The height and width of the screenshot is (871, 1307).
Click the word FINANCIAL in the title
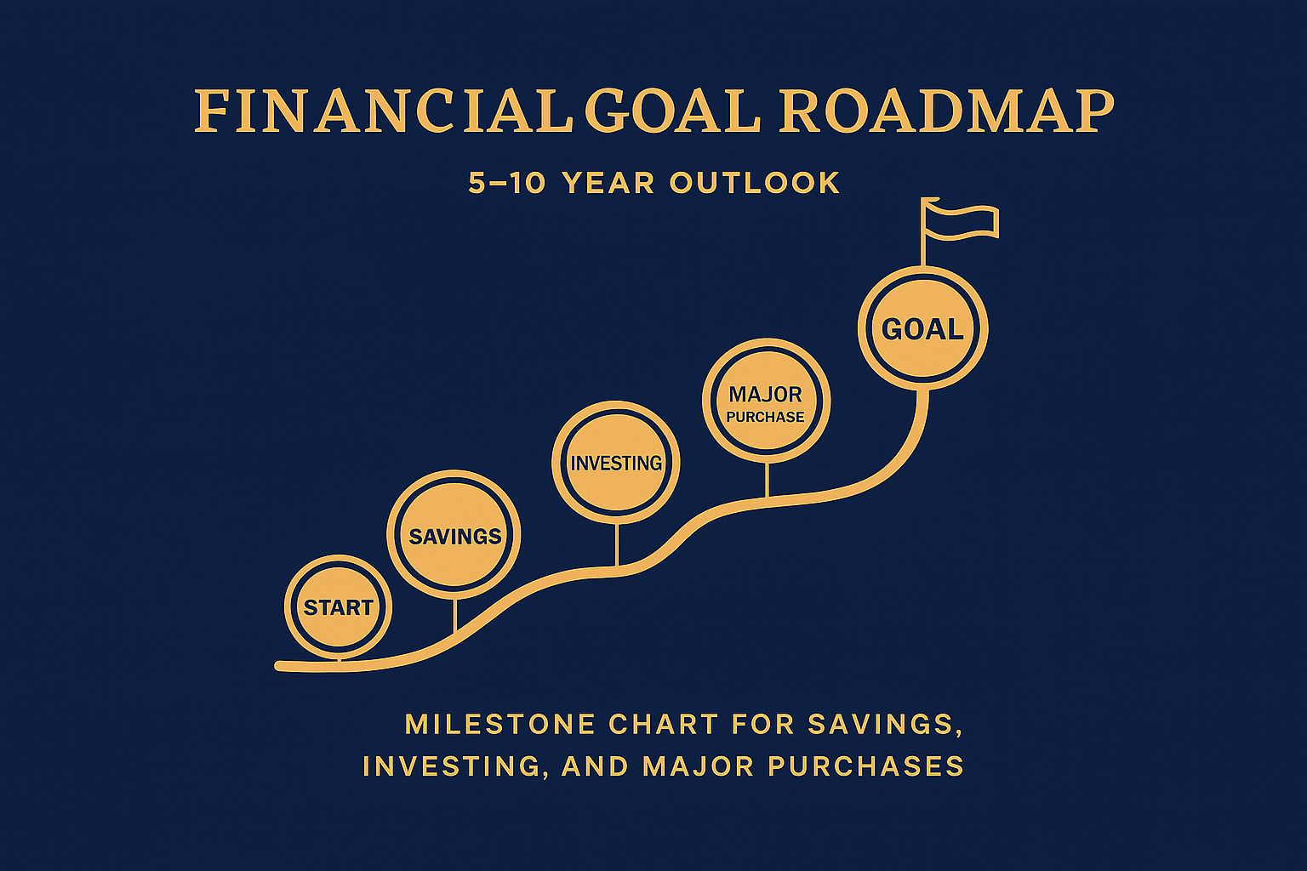coord(383,111)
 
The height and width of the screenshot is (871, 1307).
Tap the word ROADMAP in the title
coord(946,111)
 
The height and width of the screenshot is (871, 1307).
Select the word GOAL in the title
coord(673,111)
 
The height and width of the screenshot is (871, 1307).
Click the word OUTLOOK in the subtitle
coord(755,183)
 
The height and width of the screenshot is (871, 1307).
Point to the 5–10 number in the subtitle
coord(507,183)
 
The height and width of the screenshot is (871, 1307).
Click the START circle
coord(339,606)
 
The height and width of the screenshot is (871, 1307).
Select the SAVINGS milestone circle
coord(454,534)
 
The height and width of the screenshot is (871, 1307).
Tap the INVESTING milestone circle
coord(615,462)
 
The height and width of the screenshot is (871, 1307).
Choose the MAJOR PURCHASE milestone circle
coord(766,401)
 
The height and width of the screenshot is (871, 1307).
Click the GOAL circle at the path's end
coord(923,327)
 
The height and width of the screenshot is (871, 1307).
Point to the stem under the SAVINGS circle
coord(455,616)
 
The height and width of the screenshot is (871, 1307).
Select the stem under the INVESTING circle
coord(617,545)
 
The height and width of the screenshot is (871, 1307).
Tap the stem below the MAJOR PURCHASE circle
coord(768,480)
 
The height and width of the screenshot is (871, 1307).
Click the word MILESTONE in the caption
coord(500,725)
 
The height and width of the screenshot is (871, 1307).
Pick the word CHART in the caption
coord(664,725)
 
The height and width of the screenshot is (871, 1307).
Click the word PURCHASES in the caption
coord(866,766)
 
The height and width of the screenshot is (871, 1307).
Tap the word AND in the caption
coord(595,766)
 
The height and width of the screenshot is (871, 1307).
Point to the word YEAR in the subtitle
coord(608,183)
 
